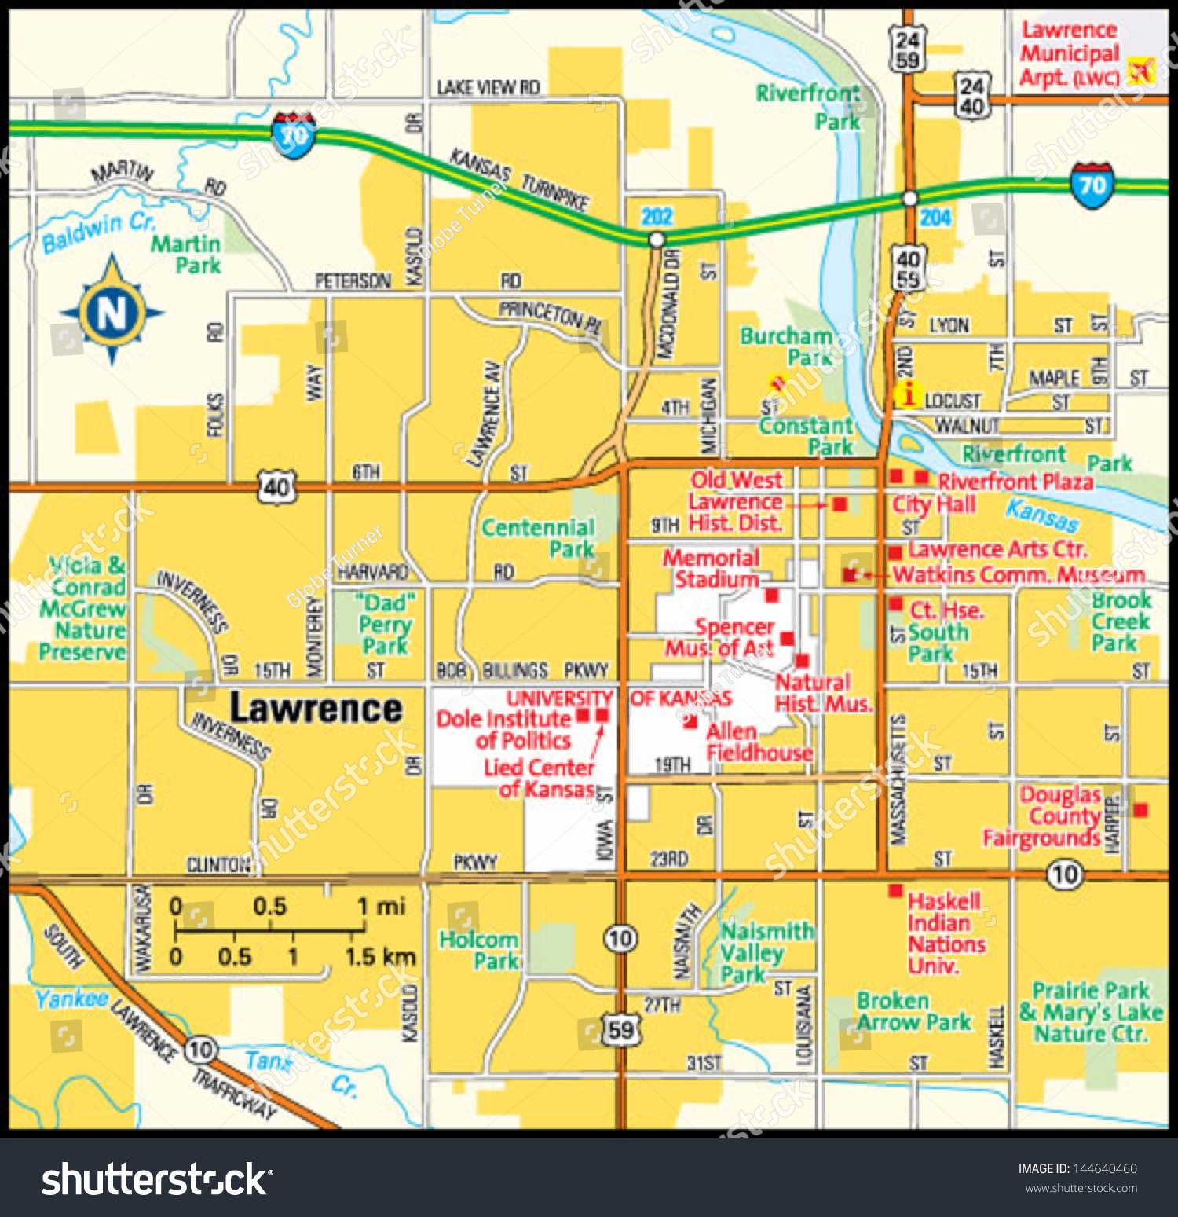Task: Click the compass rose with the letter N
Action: pyautogui.click(x=112, y=311)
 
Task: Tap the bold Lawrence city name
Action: pyautogui.click(x=316, y=709)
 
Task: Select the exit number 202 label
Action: pyautogui.click(x=657, y=217)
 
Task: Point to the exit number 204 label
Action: pyautogui.click(x=935, y=218)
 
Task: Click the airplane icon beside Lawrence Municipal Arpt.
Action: pyautogui.click(x=1140, y=71)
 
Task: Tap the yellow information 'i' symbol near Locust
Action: pyautogui.click(x=908, y=394)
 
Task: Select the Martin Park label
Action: pyautogui.click(x=187, y=255)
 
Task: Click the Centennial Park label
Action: pyautogui.click(x=539, y=537)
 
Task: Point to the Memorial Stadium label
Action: pyautogui.click(x=712, y=568)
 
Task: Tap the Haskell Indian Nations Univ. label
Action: pyautogui.click(x=946, y=933)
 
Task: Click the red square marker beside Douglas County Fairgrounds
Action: pyautogui.click(x=1140, y=809)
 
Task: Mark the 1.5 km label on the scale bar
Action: pyautogui.click(x=380, y=956)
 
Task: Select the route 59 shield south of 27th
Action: pyautogui.click(x=620, y=1029)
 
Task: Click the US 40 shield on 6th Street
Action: pyautogui.click(x=276, y=488)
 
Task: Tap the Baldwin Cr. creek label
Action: pyautogui.click(x=99, y=233)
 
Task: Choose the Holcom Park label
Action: pyautogui.click(x=479, y=949)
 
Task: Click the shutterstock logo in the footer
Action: pyautogui.click(x=157, y=1179)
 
